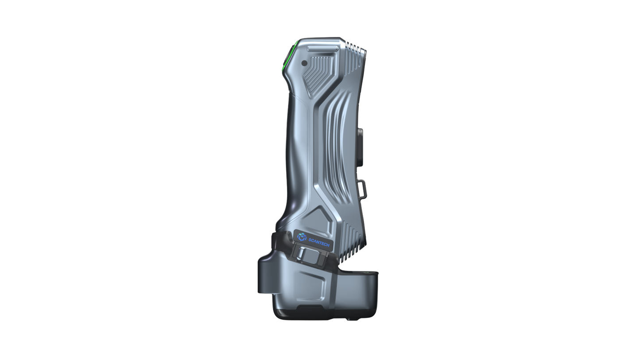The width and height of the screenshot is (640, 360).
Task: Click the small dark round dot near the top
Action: point(304,63)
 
